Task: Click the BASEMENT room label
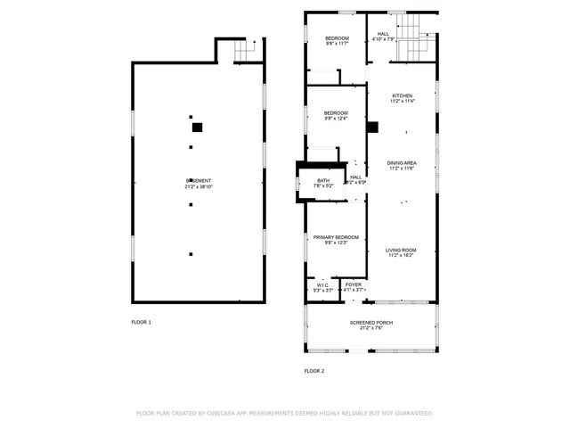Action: click(198, 180)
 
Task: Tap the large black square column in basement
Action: click(198, 128)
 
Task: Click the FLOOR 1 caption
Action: click(142, 321)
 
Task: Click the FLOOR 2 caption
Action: click(314, 370)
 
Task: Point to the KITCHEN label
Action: click(403, 95)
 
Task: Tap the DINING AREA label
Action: click(402, 162)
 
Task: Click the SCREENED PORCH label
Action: click(371, 322)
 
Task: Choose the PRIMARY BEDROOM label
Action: click(336, 236)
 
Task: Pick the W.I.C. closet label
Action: click(323, 285)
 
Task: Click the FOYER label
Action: click(354, 284)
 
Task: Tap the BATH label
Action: click(323, 180)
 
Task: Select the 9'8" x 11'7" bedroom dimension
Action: click(336, 44)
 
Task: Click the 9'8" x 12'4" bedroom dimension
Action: click(336, 119)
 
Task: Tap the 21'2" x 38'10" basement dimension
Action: click(198, 186)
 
